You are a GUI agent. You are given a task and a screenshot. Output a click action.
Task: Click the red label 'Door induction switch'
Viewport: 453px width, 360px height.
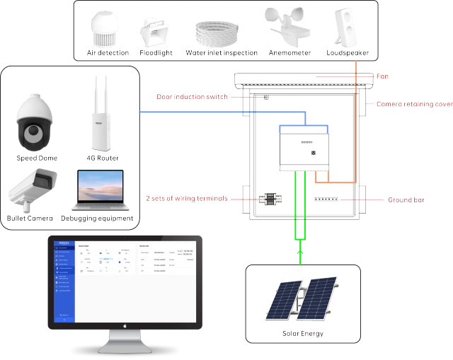192,96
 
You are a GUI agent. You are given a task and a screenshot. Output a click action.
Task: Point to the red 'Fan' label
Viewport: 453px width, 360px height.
383,76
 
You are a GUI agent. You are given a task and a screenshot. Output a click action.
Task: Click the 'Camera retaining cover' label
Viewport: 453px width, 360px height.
414,104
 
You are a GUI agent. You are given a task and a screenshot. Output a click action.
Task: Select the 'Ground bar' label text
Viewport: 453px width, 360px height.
406,200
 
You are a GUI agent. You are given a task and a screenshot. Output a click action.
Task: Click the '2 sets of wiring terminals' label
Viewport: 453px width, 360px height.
187,198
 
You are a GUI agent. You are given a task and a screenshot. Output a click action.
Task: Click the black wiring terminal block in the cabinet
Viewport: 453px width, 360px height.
269,199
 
